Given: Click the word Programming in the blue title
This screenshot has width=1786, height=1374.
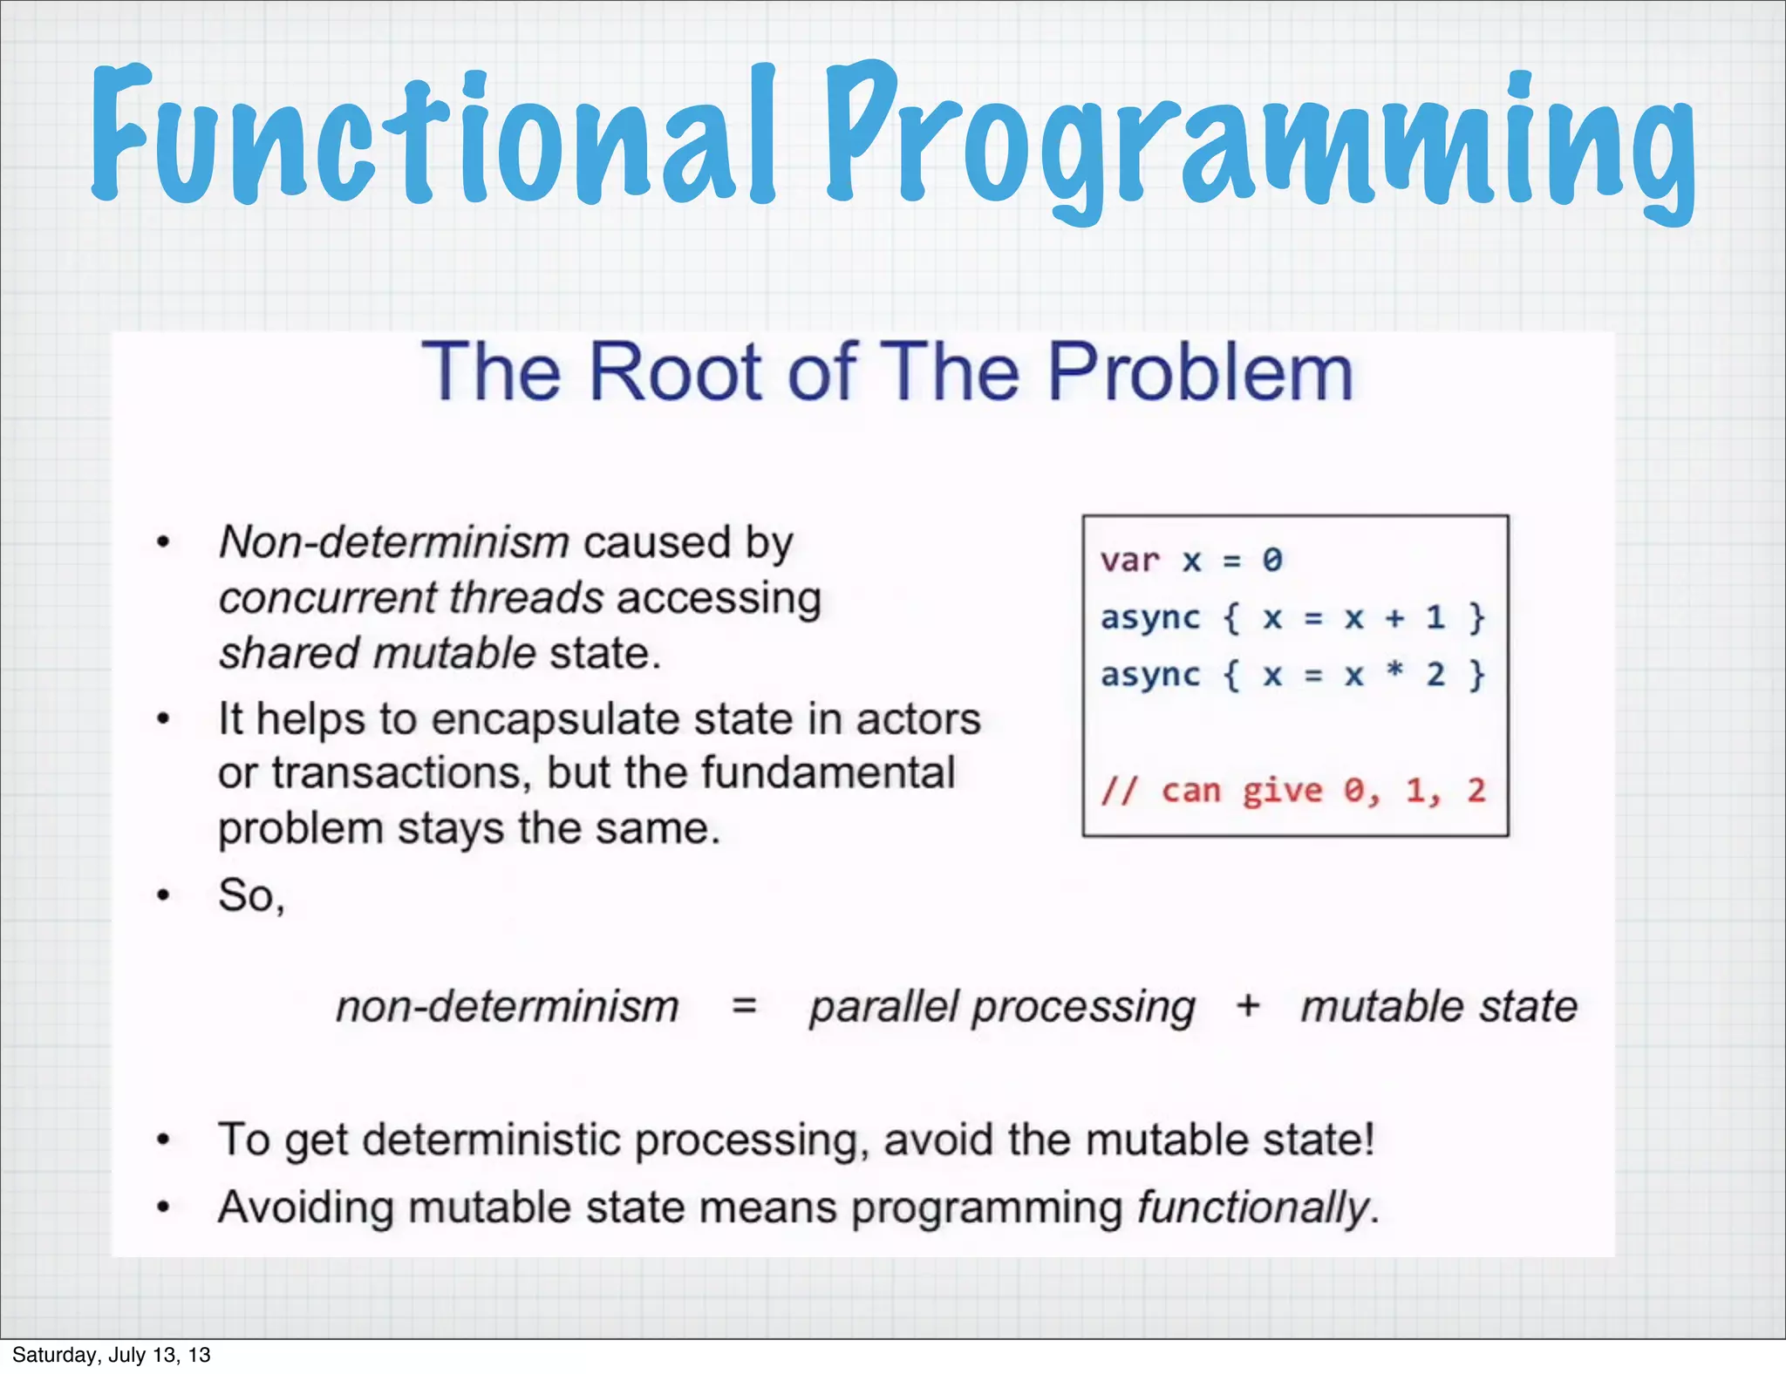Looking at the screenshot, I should click(1260, 139).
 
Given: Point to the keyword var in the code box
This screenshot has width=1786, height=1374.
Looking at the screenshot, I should click(1130, 560).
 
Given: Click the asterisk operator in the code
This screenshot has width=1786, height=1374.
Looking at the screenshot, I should click(1394, 671).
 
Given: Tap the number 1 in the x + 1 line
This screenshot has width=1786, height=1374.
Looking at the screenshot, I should click(1435, 617).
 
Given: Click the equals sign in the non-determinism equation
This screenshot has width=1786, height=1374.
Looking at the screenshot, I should click(744, 1006).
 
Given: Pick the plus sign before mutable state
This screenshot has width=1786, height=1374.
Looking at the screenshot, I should click(1248, 1006).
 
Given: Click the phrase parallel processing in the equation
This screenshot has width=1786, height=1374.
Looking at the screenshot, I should click(1002, 1008).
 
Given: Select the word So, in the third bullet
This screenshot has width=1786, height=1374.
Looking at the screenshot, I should click(251, 895).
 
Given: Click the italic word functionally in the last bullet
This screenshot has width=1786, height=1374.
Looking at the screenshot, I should click(1254, 1208).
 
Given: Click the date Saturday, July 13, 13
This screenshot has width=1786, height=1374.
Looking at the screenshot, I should click(112, 1355).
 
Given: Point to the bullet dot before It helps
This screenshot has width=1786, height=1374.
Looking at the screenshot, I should click(163, 720).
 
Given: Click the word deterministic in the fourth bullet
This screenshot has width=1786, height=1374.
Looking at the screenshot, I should click(491, 1140).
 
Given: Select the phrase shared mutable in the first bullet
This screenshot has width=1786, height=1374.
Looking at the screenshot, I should click(377, 654).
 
